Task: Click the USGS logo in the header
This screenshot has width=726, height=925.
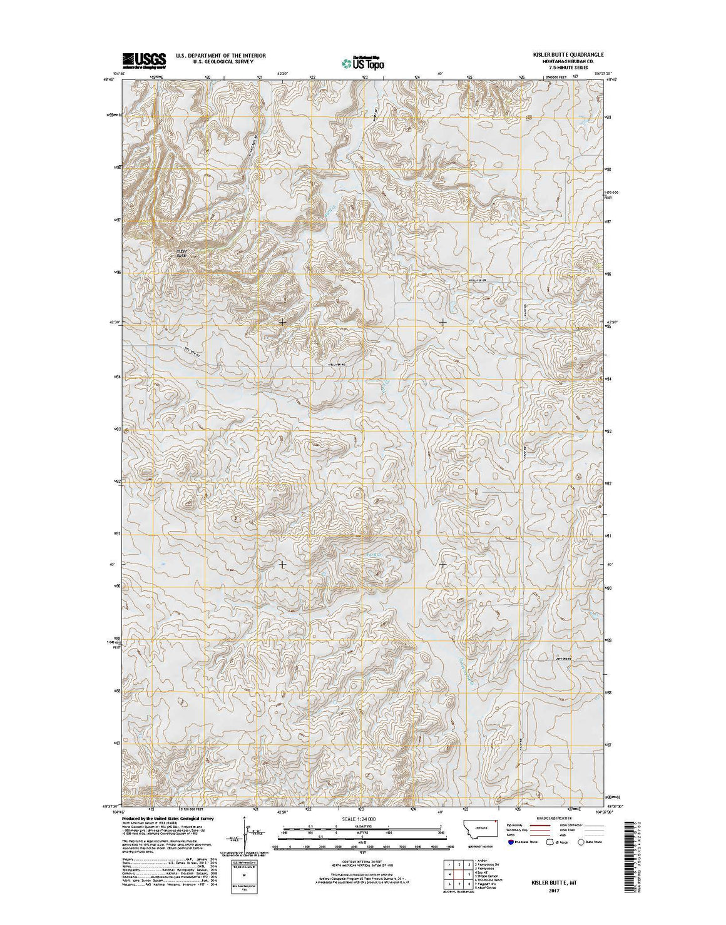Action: click(143, 59)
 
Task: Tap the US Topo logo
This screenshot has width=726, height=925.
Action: click(363, 62)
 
